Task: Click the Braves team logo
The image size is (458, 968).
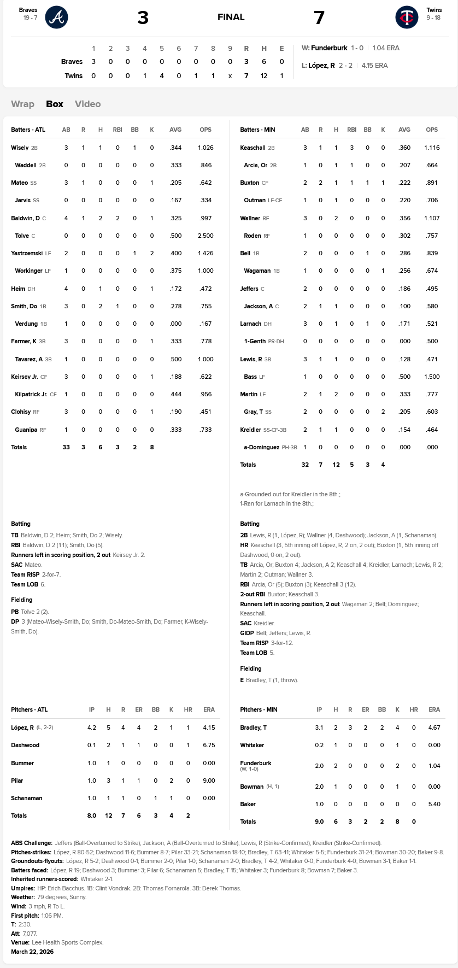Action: click(56, 17)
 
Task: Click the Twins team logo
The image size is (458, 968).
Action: click(407, 17)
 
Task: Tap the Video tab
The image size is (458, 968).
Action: click(87, 104)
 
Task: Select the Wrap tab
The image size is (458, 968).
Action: click(22, 104)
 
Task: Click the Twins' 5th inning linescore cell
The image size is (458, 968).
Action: click(162, 76)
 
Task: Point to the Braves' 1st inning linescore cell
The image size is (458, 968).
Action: click(93, 62)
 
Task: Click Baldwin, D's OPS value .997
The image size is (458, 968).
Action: click(205, 218)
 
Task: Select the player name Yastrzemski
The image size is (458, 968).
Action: click(27, 253)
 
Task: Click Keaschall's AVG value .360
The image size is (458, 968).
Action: click(404, 148)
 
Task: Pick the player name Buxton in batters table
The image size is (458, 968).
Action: click(249, 183)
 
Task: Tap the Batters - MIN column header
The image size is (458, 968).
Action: click(257, 130)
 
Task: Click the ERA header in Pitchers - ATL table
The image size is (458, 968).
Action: click(209, 709)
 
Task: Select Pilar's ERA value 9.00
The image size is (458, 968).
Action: click(209, 781)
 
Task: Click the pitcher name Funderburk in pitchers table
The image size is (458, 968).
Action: click(255, 763)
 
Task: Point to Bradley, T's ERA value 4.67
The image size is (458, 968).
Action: click(434, 728)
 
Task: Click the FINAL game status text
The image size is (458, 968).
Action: click(231, 17)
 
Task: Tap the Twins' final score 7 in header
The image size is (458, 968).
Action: click(319, 18)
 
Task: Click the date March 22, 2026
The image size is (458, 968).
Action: click(32, 952)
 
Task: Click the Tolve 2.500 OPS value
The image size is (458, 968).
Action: click(205, 236)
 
